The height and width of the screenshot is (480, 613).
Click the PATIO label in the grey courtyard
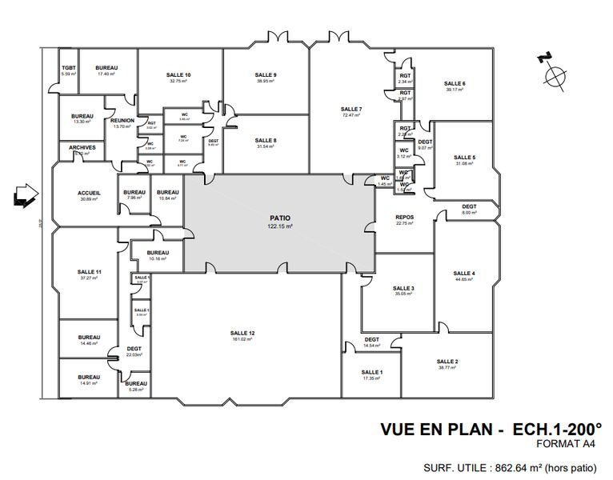point(279,218)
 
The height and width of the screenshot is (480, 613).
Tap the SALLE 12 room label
point(242,332)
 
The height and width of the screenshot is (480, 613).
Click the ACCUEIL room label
point(89,193)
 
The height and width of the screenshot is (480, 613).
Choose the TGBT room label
point(68,68)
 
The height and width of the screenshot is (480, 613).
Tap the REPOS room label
point(404,217)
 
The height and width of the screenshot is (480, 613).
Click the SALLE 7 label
point(351,109)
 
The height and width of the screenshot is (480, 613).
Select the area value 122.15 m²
point(279,226)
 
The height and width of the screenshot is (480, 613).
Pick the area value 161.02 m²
point(242,339)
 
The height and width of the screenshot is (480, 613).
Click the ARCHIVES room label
point(83,147)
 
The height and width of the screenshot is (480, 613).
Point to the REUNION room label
point(122,120)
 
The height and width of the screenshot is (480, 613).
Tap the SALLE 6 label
point(454,83)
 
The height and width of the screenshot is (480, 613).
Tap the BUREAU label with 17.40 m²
point(106,68)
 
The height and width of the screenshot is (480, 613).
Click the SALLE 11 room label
point(89,272)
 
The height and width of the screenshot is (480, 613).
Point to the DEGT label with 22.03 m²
point(134,348)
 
